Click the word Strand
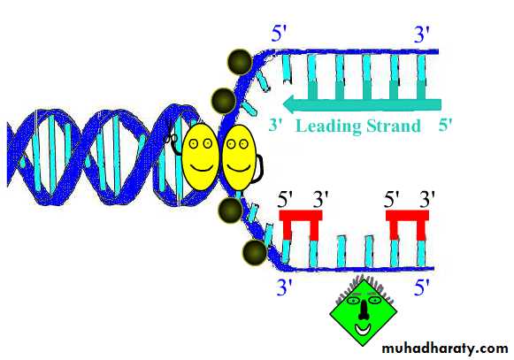coord(394,126)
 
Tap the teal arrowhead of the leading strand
coord(292,104)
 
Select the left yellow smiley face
coord(200,157)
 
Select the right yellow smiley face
coord(239,157)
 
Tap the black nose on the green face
coord(364,310)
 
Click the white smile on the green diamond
coord(363,329)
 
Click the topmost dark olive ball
coord(240,62)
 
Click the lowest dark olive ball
coord(255,253)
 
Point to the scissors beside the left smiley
coord(171,138)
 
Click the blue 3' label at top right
coord(421,34)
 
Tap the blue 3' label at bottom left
coord(284,287)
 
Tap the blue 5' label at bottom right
coord(421,287)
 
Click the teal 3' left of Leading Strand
coord(276,125)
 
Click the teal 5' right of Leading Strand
coord(445,125)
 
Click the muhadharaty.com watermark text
coord(445,348)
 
